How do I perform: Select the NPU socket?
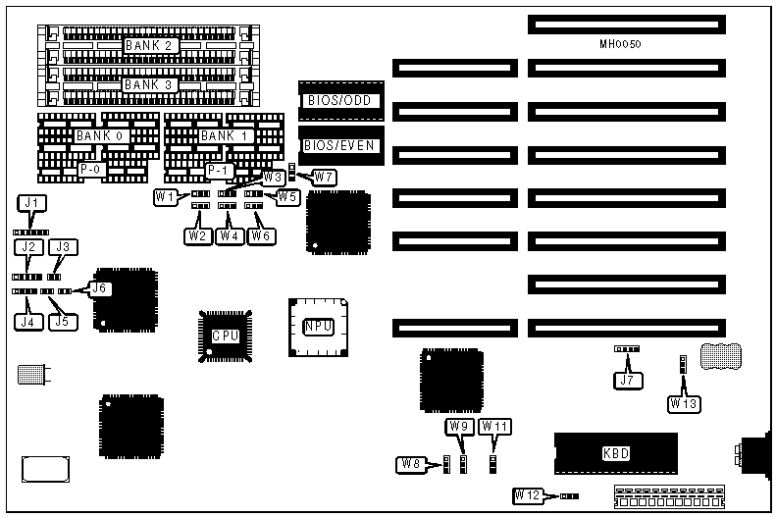(318, 327)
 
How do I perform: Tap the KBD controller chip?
(615, 453)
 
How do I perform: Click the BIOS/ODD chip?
(337, 101)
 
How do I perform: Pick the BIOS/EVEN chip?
(337, 146)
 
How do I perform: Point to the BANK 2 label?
(148, 45)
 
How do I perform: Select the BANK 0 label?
(98, 135)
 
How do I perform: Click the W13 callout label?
(685, 402)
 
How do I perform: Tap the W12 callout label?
(528, 495)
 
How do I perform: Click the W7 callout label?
(324, 178)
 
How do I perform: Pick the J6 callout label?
(101, 288)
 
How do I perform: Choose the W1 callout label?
(166, 197)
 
